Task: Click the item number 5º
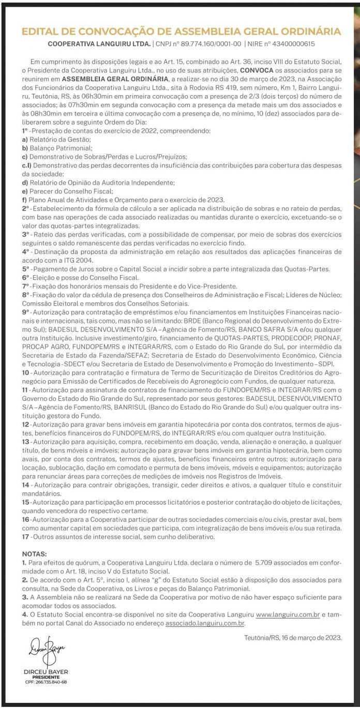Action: pos(26,269)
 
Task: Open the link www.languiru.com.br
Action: pos(283,615)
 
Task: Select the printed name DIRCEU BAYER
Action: pos(46,672)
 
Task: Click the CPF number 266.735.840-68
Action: pos(46,682)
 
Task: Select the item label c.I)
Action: pos(26,165)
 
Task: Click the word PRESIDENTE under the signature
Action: pos(46,677)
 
